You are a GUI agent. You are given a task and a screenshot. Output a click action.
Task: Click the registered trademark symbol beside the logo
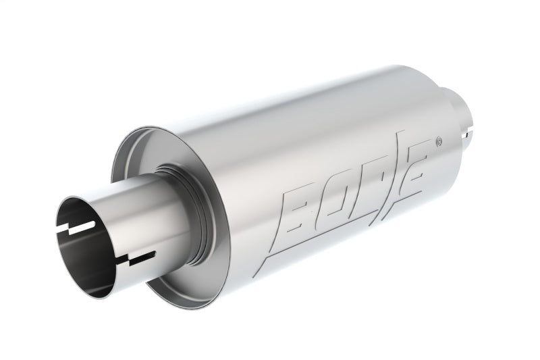coord(439,142)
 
